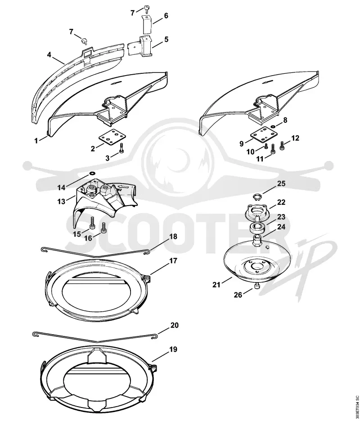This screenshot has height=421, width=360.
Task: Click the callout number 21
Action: click(x=216, y=285)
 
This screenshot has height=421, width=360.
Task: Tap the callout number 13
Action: click(x=62, y=201)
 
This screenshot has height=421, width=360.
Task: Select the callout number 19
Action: click(x=173, y=349)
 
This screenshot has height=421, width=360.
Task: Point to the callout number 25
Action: click(x=281, y=184)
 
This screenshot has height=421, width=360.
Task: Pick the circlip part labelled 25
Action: click(x=257, y=198)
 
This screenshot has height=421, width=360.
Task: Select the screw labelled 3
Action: click(x=121, y=148)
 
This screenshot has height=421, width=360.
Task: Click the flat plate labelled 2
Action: click(x=111, y=137)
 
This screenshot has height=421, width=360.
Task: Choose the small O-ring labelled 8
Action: click(x=273, y=126)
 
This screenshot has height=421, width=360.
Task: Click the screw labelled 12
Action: click(x=282, y=146)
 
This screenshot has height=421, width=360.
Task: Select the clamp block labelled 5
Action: click(x=139, y=47)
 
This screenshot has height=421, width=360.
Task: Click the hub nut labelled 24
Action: click(x=258, y=239)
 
